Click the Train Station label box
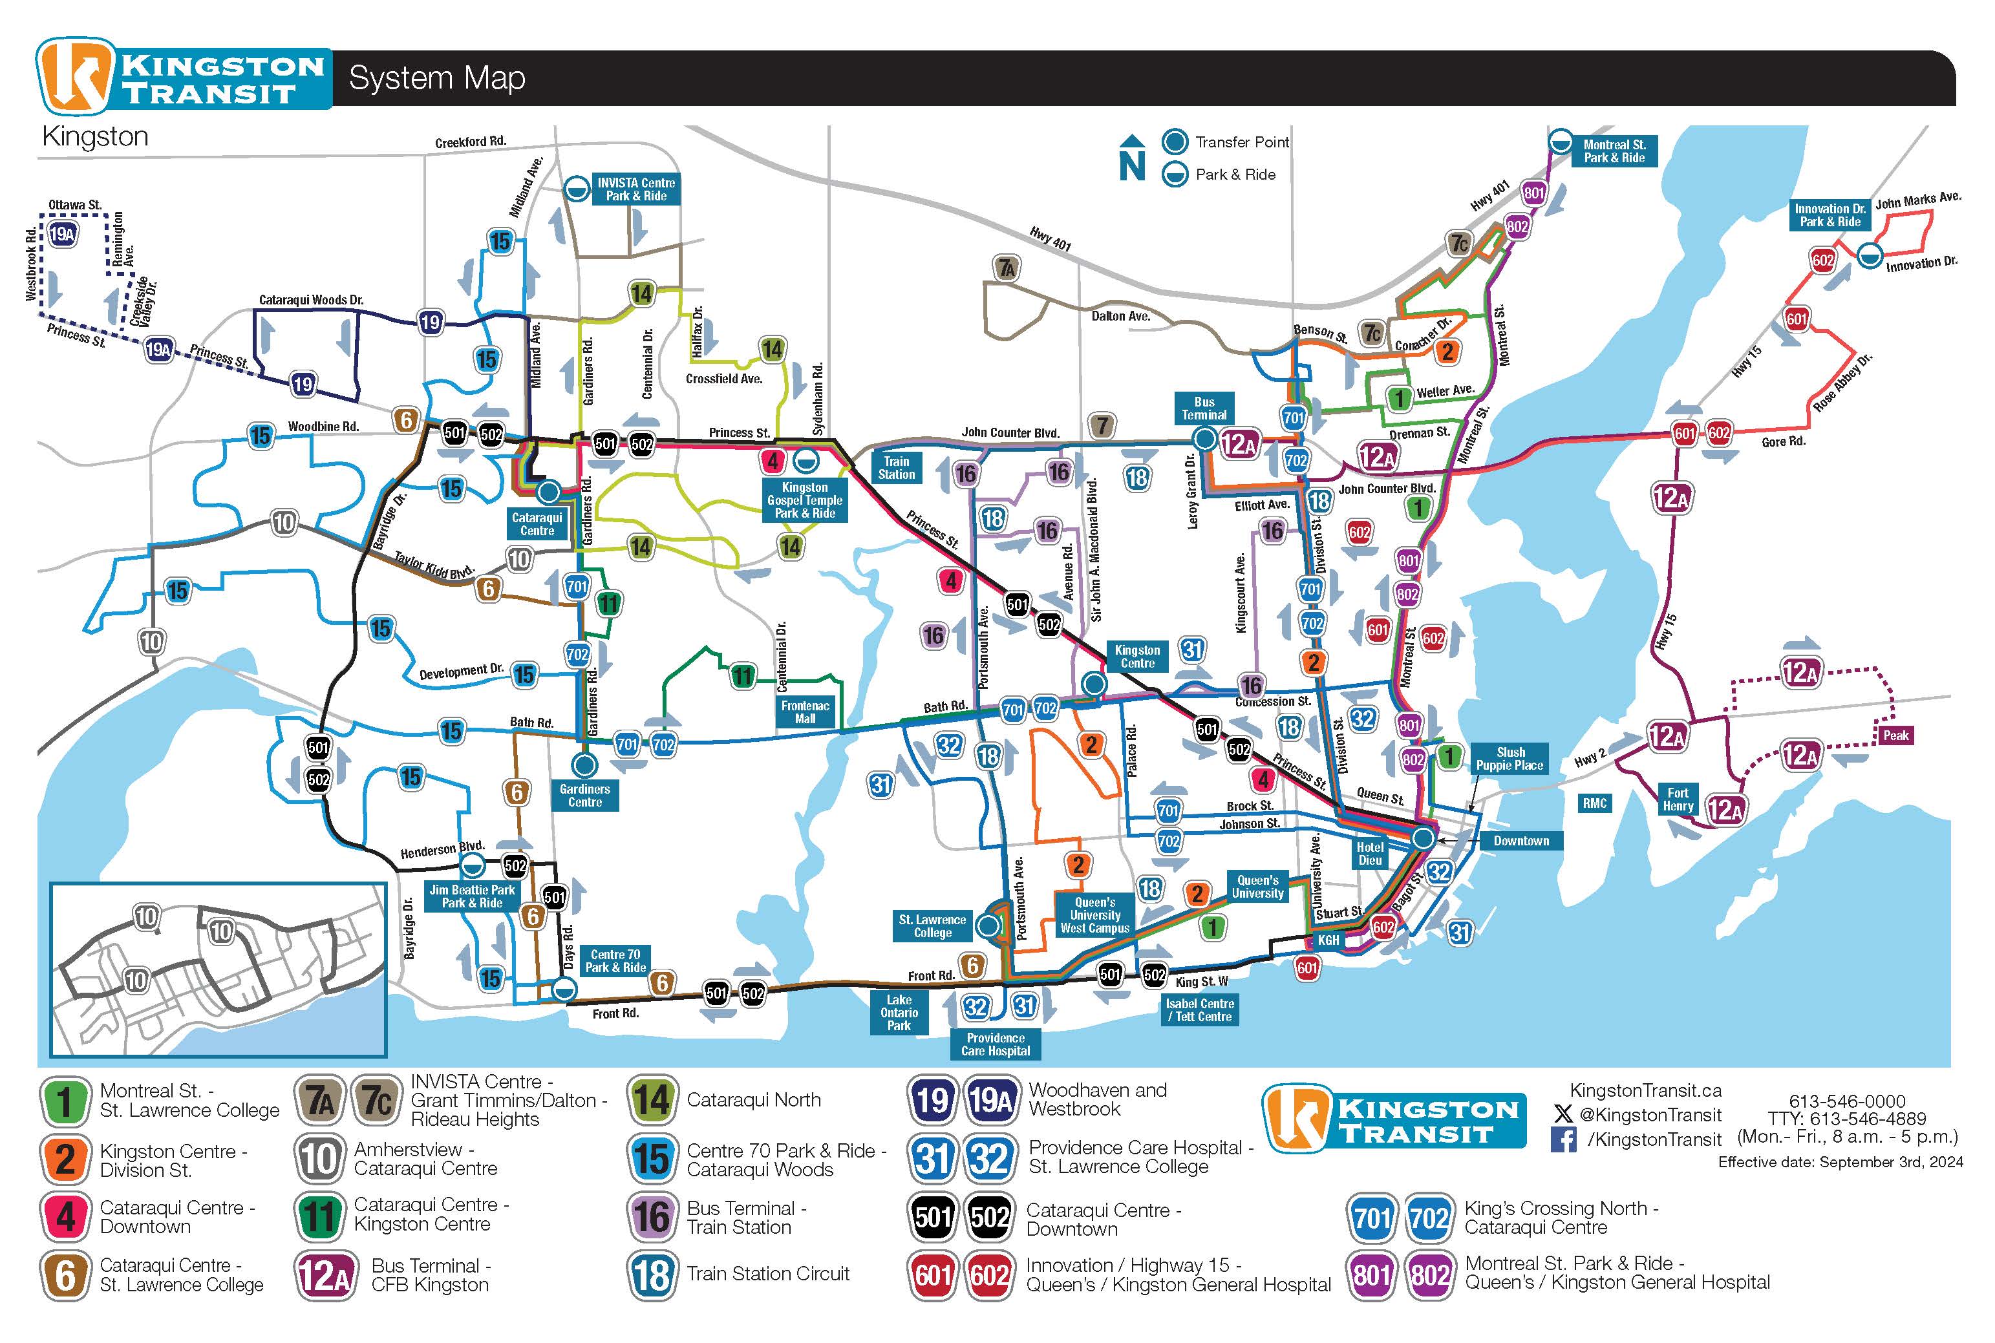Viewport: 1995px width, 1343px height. pyautogui.click(x=896, y=468)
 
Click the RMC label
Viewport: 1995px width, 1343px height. pyautogui.click(x=1594, y=803)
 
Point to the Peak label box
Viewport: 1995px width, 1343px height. pyautogui.click(x=1895, y=735)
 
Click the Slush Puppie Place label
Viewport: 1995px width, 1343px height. pyautogui.click(x=1510, y=759)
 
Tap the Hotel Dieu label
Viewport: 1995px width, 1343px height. pyautogui.click(x=1370, y=853)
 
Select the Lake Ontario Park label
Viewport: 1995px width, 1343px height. pyautogui.click(x=899, y=1012)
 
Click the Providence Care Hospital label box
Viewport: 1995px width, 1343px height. pyautogui.click(x=996, y=1044)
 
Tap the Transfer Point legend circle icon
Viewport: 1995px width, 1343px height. pyautogui.click(x=1175, y=142)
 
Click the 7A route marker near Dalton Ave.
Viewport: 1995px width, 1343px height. pyautogui.click(x=1007, y=268)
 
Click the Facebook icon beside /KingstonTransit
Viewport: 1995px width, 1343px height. pyautogui.click(x=1563, y=1139)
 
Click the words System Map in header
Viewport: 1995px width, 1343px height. pyautogui.click(x=437, y=78)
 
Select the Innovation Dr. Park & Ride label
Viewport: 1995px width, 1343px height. pyautogui.click(x=1830, y=215)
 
